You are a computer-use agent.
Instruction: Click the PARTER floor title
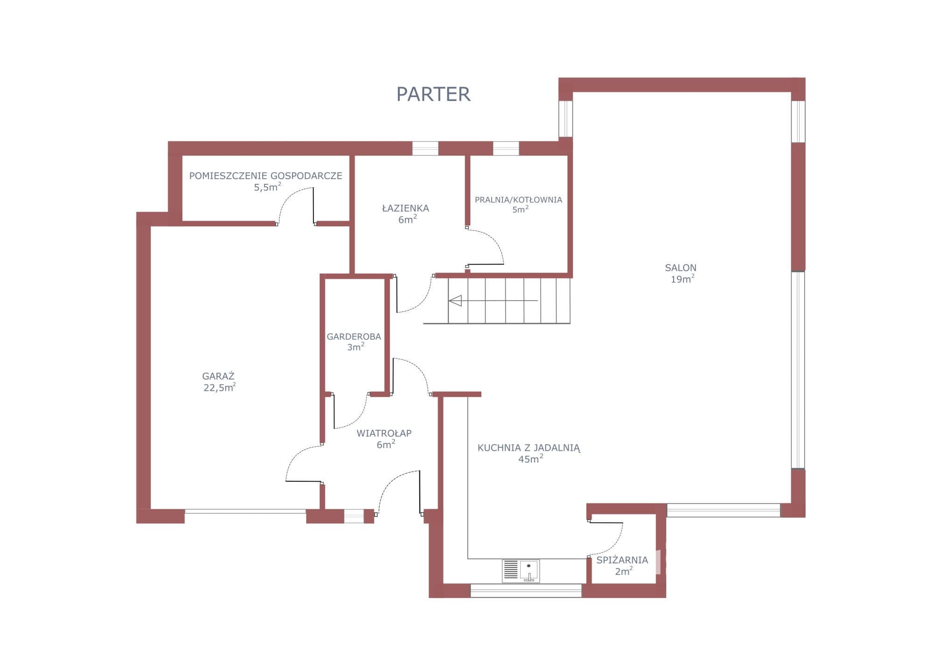click(x=433, y=94)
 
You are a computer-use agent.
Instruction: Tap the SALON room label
click(x=681, y=268)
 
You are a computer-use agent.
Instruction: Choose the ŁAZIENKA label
click(x=405, y=208)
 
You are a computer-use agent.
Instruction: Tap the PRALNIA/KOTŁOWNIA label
click(x=518, y=200)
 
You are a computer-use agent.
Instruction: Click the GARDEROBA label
click(x=354, y=337)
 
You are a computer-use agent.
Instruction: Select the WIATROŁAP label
click(x=384, y=433)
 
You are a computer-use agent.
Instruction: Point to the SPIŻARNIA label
click(x=622, y=560)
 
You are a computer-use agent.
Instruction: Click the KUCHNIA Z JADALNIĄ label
click(x=529, y=448)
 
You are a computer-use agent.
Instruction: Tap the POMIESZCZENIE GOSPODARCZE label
click(x=265, y=176)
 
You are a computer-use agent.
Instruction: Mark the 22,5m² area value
click(x=219, y=387)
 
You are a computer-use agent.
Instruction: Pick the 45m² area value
click(x=530, y=459)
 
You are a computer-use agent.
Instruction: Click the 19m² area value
click(x=682, y=279)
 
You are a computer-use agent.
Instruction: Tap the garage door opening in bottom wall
click(x=245, y=512)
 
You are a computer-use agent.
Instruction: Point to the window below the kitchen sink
click(x=526, y=590)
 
